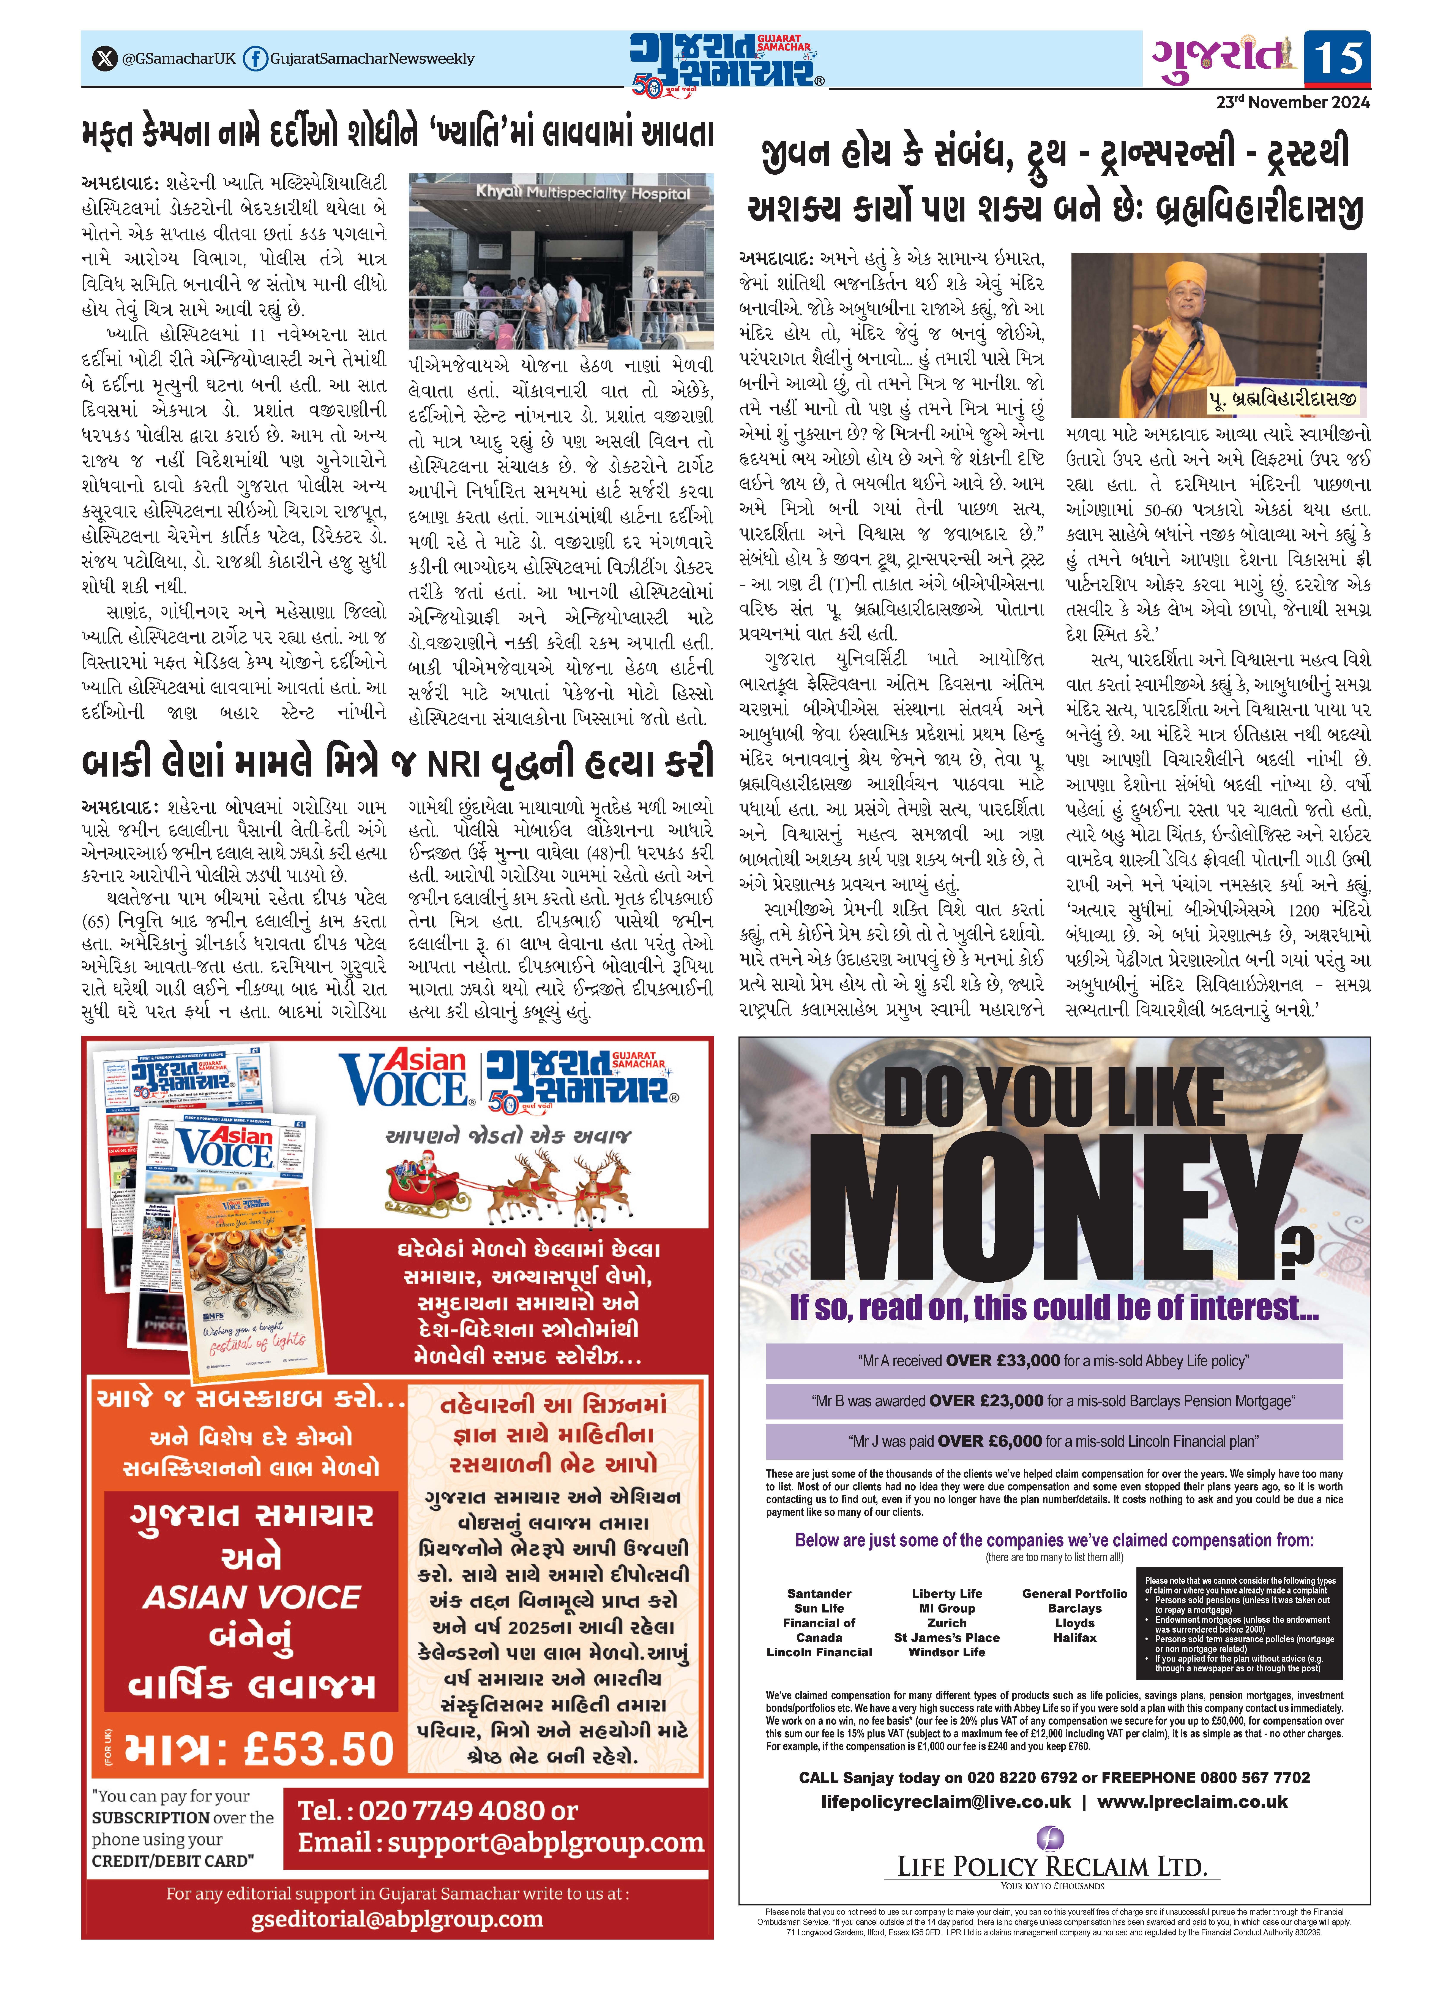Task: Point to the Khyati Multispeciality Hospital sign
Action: [582, 193]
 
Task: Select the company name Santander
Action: [819, 1593]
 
